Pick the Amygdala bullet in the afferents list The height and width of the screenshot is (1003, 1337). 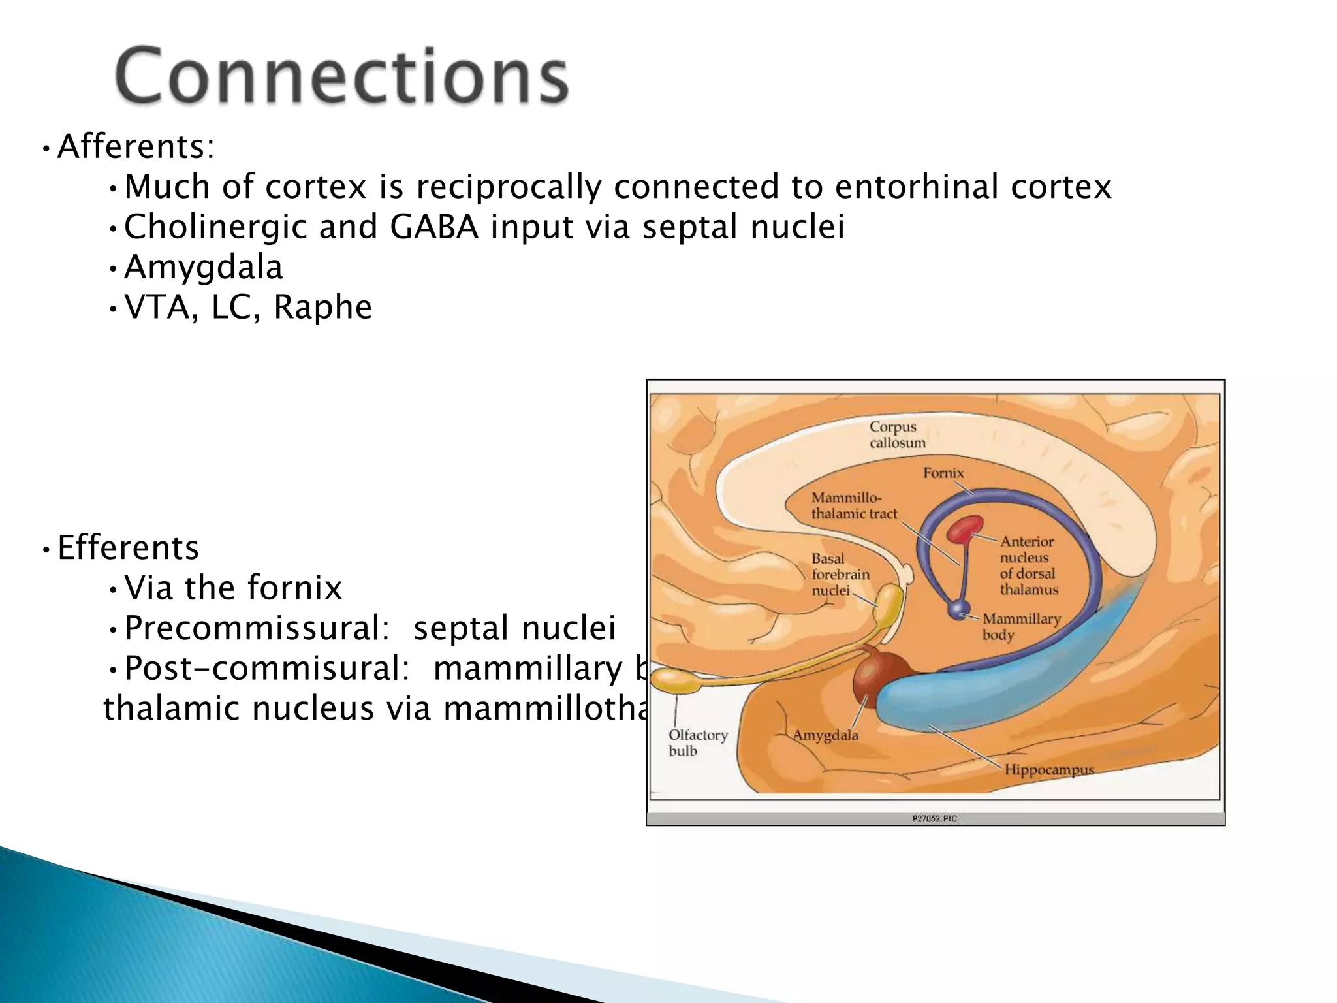(203, 267)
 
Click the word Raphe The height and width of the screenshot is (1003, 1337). (322, 307)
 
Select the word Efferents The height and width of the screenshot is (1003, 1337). (128, 547)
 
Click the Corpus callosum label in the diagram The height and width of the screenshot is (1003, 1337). (897, 435)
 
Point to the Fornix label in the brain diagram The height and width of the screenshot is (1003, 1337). (943, 473)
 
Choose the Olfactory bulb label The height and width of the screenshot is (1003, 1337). (697, 743)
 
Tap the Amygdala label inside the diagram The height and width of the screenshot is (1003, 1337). (825, 735)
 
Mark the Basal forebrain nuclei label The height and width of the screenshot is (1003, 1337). (840, 575)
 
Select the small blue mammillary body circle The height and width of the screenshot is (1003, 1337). (959, 609)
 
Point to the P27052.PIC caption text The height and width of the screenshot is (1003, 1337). (934, 818)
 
